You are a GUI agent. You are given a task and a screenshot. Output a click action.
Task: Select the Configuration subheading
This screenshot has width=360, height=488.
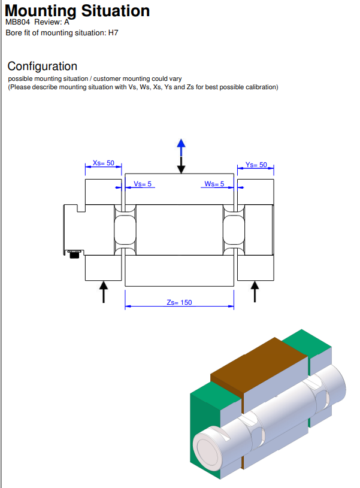coord(43,66)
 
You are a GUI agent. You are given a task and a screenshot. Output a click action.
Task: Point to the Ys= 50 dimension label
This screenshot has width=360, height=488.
coord(256,165)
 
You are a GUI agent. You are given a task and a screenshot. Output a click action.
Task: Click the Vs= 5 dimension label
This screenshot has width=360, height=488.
coord(143,184)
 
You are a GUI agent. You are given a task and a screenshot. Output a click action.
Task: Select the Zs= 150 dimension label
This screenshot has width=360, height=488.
coord(179,302)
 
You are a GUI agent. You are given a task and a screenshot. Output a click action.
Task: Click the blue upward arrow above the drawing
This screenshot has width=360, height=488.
coord(181,144)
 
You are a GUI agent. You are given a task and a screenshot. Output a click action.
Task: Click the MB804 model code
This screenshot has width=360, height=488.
coord(17,22)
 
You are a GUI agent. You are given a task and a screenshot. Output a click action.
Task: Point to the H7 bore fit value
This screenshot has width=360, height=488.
coord(113,33)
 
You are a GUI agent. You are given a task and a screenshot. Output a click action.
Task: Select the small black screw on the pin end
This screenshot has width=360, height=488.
coord(75,256)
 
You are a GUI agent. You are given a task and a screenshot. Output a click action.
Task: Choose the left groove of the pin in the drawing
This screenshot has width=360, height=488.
coord(124,230)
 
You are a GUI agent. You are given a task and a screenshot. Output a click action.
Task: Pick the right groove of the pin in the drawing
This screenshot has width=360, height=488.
coord(234,230)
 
